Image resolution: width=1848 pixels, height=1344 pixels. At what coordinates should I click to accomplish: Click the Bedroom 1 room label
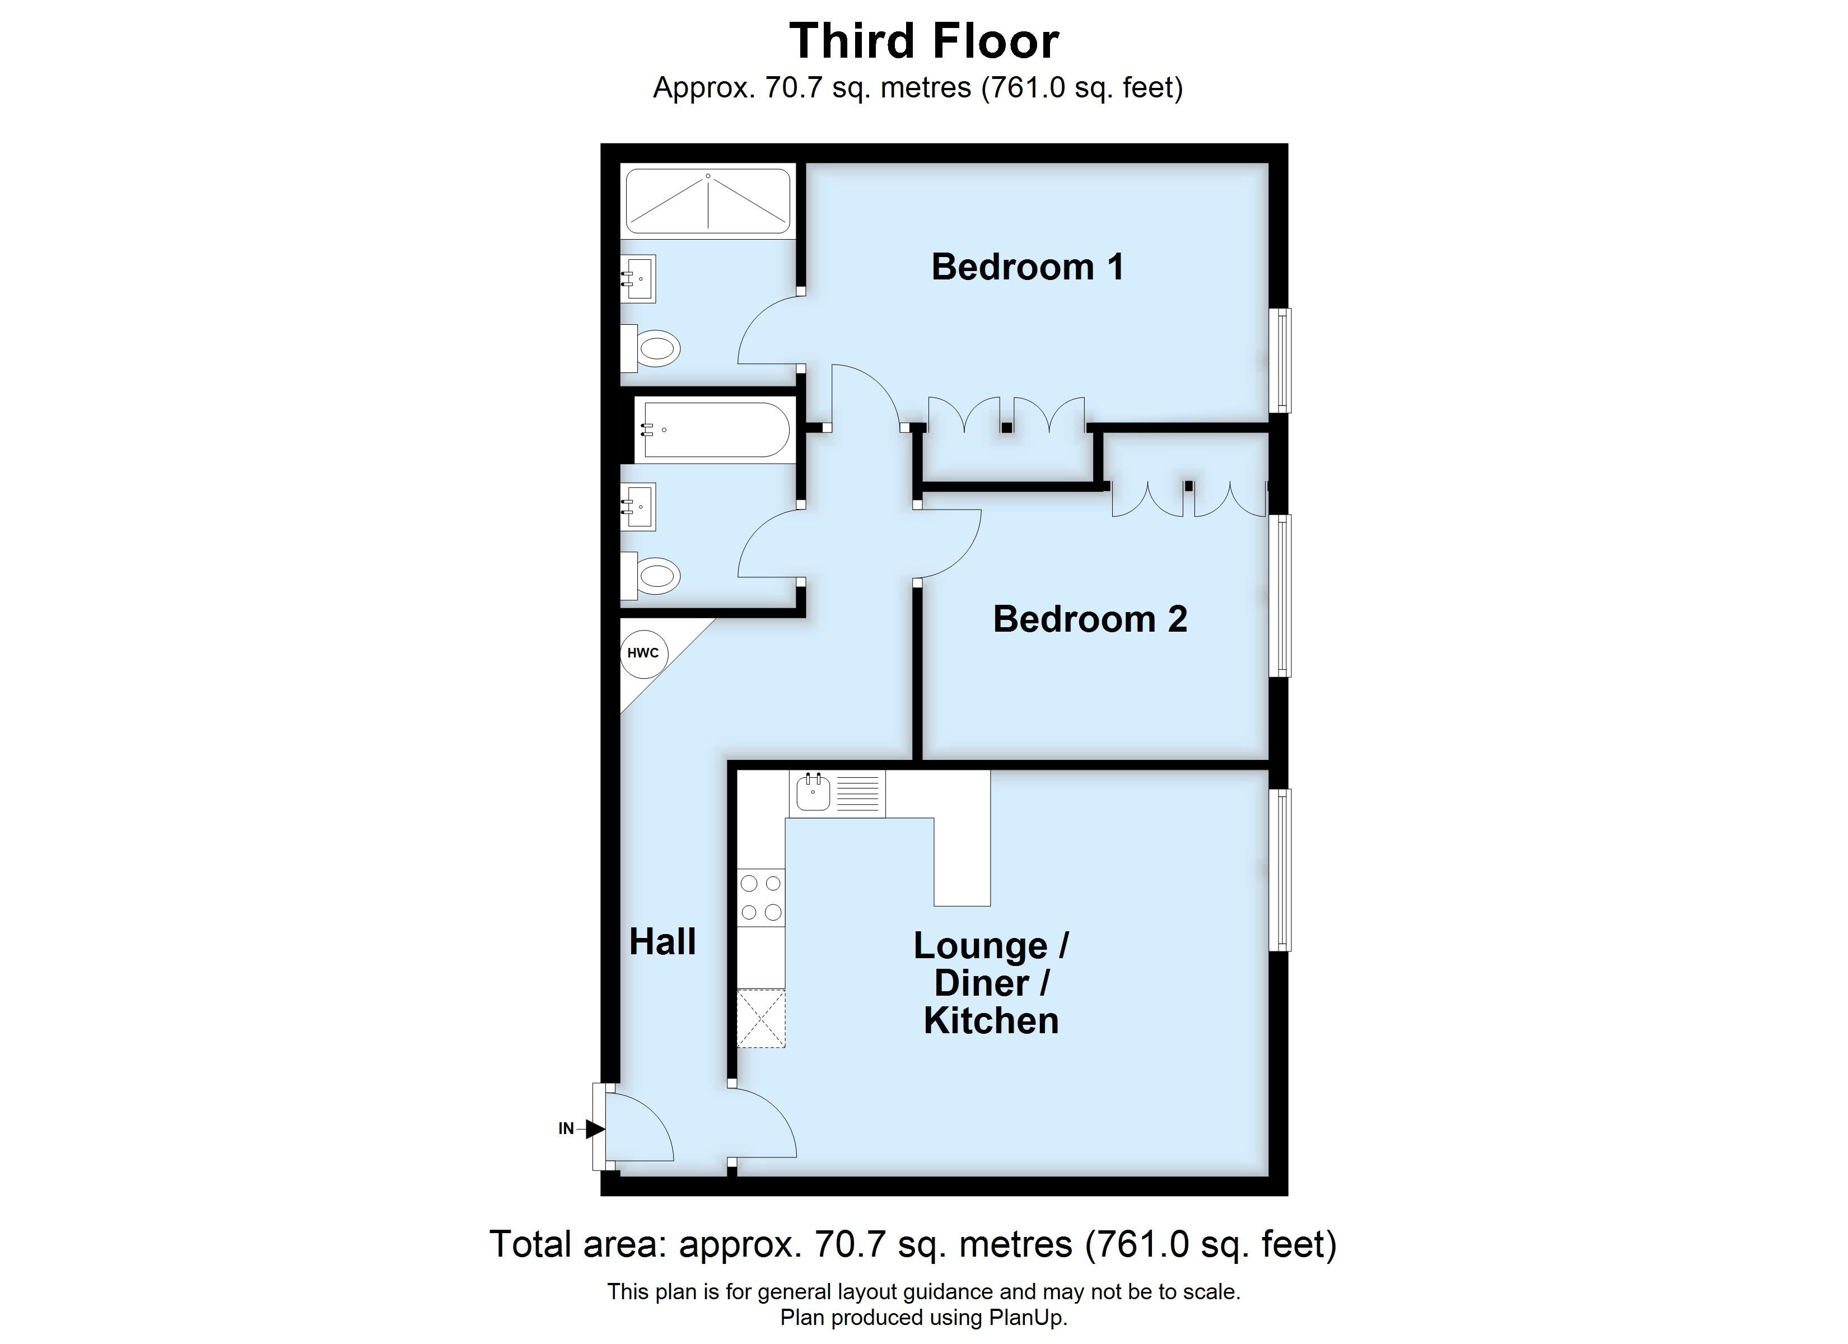pyautogui.click(x=1028, y=267)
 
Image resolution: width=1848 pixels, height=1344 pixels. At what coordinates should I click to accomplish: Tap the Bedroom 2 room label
pyautogui.click(x=1089, y=619)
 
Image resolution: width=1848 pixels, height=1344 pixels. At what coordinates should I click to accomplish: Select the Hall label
pyautogui.click(x=662, y=942)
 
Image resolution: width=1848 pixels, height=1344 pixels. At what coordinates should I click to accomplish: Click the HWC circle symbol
pyautogui.click(x=643, y=653)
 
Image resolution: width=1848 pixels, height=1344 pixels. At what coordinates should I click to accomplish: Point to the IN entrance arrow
pyautogui.click(x=593, y=1129)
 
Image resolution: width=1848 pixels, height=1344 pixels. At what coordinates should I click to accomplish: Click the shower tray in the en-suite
pyautogui.click(x=708, y=200)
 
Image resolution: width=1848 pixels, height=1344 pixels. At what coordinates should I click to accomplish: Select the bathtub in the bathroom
pyautogui.click(x=714, y=430)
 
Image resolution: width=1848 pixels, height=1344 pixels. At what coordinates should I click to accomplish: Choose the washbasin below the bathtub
pyautogui.click(x=639, y=507)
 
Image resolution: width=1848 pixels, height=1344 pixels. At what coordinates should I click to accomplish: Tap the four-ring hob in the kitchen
pyautogui.click(x=761, y=897)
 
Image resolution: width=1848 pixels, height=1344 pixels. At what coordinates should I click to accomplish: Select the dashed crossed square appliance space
pyautogui.click(x=761, y=1019)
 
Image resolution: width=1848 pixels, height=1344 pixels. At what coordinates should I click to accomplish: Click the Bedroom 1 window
pyautogui.click(x=1284, y=360)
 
